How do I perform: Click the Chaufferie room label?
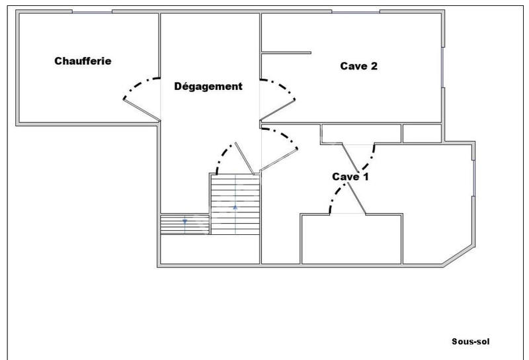83,62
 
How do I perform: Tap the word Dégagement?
208,87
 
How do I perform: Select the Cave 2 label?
358,66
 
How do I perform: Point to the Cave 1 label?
350,177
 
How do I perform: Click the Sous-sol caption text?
470,342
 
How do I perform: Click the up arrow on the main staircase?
235,207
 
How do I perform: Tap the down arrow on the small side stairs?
185,220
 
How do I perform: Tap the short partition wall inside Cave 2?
286,53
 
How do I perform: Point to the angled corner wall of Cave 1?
461,255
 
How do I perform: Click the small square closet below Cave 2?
422,133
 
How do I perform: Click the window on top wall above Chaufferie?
92,11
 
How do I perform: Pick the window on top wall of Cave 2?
355,11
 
